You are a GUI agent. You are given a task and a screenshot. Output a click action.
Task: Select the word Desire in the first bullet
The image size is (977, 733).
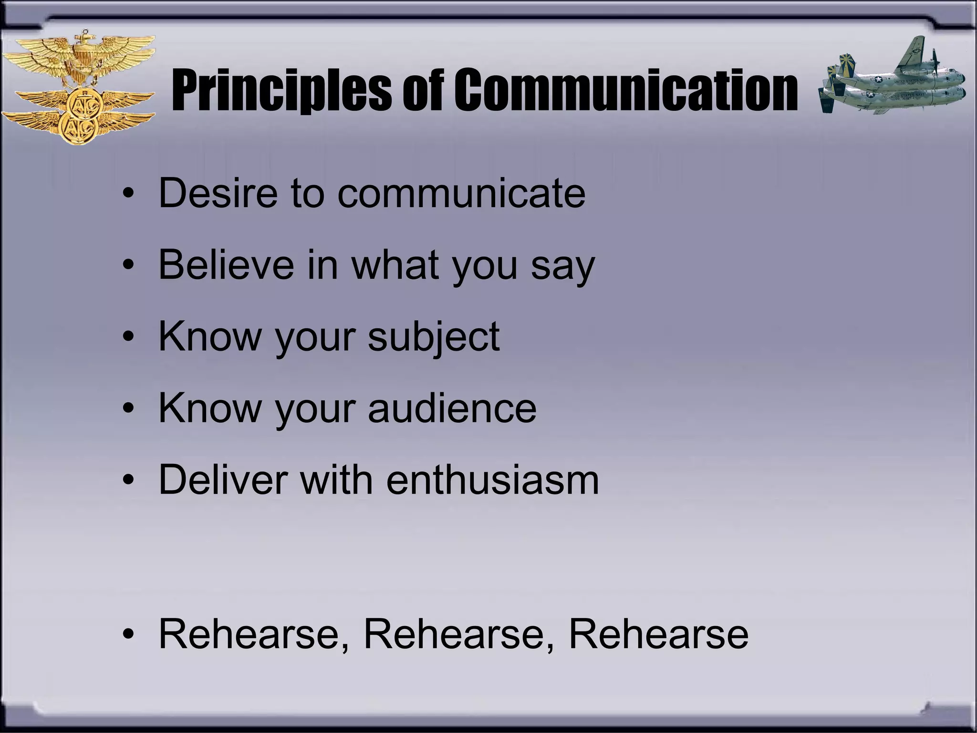pyautogui.click(x=218, y=193)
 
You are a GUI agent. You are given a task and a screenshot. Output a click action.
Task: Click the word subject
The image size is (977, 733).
pyautogui.click(x=434, y=338)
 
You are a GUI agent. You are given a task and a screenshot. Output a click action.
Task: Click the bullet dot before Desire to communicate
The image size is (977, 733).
pyautogui.click(x=128, y=194)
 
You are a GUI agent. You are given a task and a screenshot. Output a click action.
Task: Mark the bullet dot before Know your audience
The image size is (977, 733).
pyautogui.click(x=128, y=408)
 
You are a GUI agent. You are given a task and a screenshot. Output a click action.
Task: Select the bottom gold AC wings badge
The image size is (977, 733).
pyautogui.click(x=79, y=126)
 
